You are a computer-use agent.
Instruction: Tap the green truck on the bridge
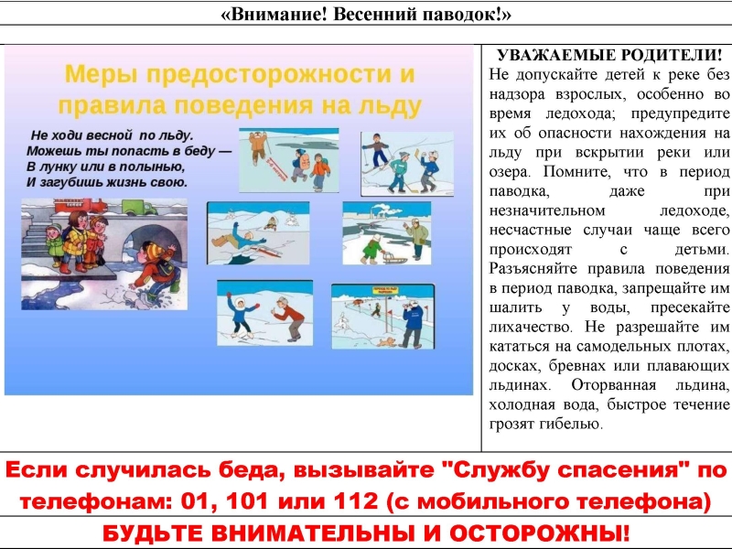click(x=140, y=207)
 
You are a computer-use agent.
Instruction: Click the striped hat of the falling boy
click(x=153, y=250)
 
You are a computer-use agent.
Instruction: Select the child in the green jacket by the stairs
click(x=55, y=244)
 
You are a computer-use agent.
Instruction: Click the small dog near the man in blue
click(x=386, y=342)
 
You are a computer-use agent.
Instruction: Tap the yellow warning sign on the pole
click(x=385, y=290)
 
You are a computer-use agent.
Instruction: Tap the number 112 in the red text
click(x=356, y=501)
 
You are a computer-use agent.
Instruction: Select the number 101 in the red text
click(x=246, y=501)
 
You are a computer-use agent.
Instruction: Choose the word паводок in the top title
click(x=467, y=14)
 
